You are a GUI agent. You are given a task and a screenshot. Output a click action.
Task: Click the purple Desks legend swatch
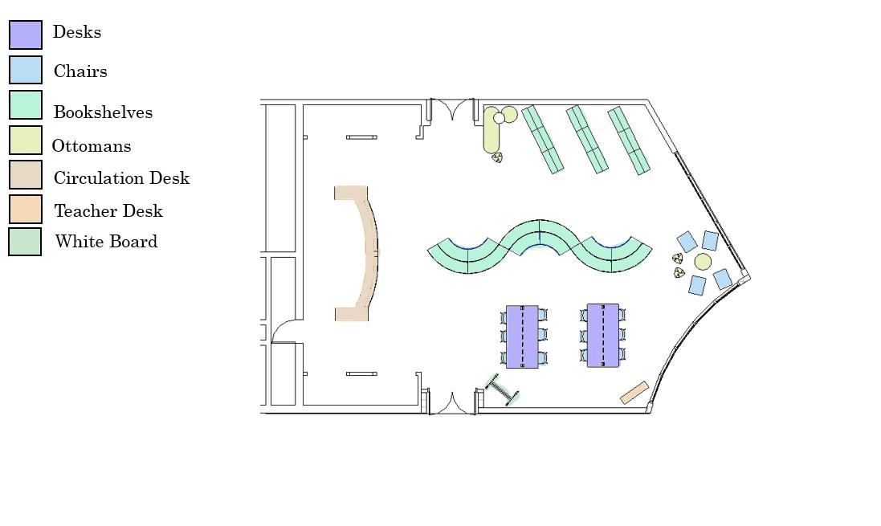coord(26,35)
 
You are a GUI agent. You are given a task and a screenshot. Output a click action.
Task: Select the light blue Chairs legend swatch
coord(26,70)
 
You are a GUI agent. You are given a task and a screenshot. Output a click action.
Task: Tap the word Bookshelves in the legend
coord(103,112)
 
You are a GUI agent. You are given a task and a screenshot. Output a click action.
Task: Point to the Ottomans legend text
coord(92,146)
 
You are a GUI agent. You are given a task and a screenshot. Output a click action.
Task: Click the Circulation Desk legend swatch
coord(26,174)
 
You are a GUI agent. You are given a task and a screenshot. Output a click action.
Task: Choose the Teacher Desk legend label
coord(108,211)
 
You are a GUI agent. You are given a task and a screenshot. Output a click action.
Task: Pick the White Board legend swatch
coord(25,242)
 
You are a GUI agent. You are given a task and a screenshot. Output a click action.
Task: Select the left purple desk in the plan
coord(522,336)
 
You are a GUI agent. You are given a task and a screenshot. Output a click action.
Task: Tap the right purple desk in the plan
coord(603,336)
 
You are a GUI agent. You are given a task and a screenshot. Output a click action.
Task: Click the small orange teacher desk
coord(634,393)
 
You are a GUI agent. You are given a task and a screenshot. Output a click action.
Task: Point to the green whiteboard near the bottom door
coord(503,390)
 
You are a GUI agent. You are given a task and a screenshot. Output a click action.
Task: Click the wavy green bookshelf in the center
coord(539,240)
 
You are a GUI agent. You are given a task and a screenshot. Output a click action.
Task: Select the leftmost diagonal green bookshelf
coord(542,139)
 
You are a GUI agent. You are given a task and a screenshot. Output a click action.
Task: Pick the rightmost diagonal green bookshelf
coord(629,141)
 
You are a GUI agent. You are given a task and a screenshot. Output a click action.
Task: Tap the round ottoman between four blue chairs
coord(703,262)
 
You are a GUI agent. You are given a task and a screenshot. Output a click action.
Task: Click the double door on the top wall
coord(452,109)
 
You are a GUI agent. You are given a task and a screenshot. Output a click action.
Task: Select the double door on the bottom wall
coord(451,403)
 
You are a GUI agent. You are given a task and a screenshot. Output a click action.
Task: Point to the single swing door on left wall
coord(283,331)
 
